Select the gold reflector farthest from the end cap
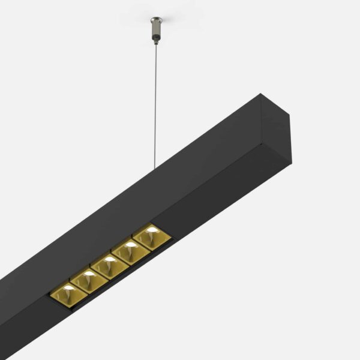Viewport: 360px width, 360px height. [68, 295]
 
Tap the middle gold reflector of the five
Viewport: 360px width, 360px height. [109, 266]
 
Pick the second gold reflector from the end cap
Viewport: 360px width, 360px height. [130, 251]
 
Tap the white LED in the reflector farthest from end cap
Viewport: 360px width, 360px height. [68, 289]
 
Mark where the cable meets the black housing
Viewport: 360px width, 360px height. [157, 169]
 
